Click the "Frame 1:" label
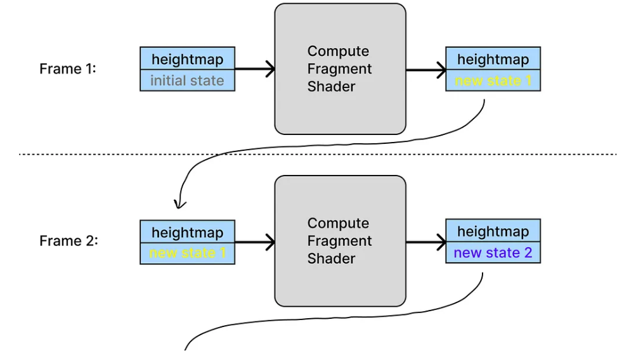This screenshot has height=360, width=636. pyautogui.click(x=68, y=69)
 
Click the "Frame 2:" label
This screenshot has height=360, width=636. pyautogui.click(x=68, y=241)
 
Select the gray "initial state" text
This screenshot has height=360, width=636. pyautogui.click(x=187, y=80)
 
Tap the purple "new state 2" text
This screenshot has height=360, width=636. pyautogui.click(x=493, y=253)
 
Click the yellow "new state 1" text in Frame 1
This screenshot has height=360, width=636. pyautogui.click(x=493, y=80)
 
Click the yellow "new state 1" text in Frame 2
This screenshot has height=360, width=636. pyautogui.click(x=187, y=253)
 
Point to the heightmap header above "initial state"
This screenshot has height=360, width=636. pyautogui.click(x=187, y=60)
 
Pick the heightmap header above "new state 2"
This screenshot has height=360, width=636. pyautogui.click(x=493, y=231)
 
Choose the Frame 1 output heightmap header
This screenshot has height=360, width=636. pyautogui.click(x=493, y=60)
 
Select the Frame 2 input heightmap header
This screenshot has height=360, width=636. pyautogui.click(x=187, y=233)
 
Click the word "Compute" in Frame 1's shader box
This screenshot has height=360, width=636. pyautogui.click(x=338, y=51)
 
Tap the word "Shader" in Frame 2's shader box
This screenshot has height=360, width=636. pyautogui.click(x=331, y=259)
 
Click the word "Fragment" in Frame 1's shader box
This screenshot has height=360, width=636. pyautogui.click(x=340, y=69)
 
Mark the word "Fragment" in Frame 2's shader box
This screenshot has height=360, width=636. pyautogui.click(x=340, y=241)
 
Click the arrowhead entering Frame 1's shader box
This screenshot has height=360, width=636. pyautogui.click(x=270, y=69)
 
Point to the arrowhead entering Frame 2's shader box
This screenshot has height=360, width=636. pyautogui.click(x=270, y=241)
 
